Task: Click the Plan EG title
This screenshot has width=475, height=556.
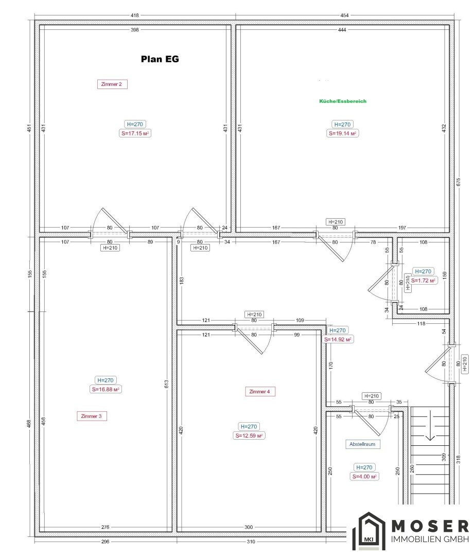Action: [160, 59]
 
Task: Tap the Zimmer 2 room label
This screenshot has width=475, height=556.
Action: [112, 84]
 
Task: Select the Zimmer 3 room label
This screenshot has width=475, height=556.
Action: [92, 416]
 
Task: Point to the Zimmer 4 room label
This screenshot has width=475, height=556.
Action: [260, 391]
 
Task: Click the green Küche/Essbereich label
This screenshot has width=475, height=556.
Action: [343, 101]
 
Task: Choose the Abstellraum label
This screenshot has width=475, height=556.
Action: [362, 444]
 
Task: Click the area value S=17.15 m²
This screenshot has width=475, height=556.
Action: [135, 133]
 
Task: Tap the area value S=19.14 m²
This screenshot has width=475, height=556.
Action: [342, 133]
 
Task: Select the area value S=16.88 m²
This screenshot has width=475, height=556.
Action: [105, 389]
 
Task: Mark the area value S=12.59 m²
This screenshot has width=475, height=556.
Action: [249, 436]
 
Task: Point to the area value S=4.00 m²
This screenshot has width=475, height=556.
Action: [364, 476]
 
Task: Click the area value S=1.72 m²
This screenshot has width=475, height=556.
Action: [423, 280]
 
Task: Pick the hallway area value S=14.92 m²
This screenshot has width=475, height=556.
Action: [338, 339]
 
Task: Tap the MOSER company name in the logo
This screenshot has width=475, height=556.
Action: [430, 526]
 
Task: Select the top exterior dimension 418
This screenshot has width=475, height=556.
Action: [135, 15]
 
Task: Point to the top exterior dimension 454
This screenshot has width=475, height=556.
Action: [344, 15]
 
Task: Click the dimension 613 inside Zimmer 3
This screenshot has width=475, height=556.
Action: [167, 384]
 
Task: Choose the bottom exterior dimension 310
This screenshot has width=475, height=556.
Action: [251, 542]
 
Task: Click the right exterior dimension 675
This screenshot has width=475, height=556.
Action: [459, 182]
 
